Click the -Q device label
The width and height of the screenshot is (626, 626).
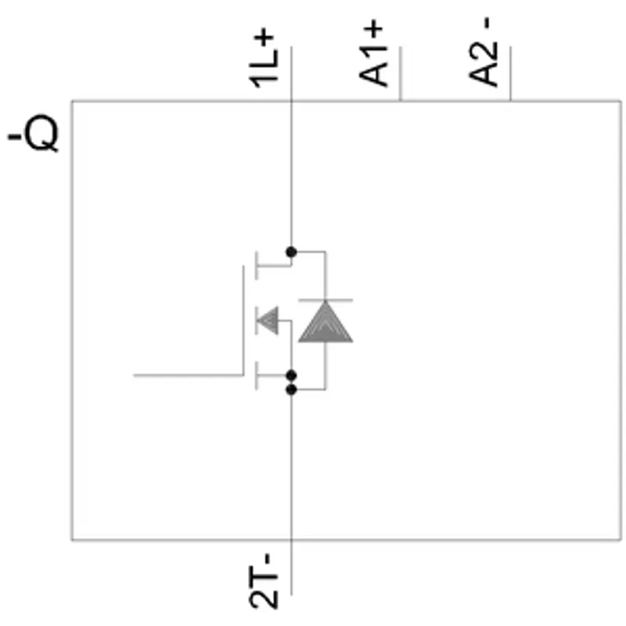(x=33, y=134)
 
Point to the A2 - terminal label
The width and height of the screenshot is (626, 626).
(x=484, y=51)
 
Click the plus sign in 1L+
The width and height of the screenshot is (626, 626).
(x=264, y=40)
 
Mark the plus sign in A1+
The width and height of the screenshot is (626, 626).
(x=374, y=32)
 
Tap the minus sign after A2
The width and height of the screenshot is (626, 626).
(x=487, y=23)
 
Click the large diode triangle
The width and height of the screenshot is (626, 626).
(x=326, y=322)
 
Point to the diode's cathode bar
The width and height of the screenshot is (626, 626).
(x=326, y=300)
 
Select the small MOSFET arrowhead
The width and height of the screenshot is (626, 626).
(x=268, y=320)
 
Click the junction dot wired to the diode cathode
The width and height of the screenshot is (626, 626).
(x=291, y=252)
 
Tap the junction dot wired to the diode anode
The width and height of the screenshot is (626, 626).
(x=291, y=389)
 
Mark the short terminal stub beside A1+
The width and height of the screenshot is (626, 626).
(x=401, y=74)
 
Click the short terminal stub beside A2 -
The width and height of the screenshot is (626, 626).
(x=510, y=74)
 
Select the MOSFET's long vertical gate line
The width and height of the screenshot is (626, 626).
(x=243, y=320)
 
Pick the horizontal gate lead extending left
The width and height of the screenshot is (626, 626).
(x=189, y=376)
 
